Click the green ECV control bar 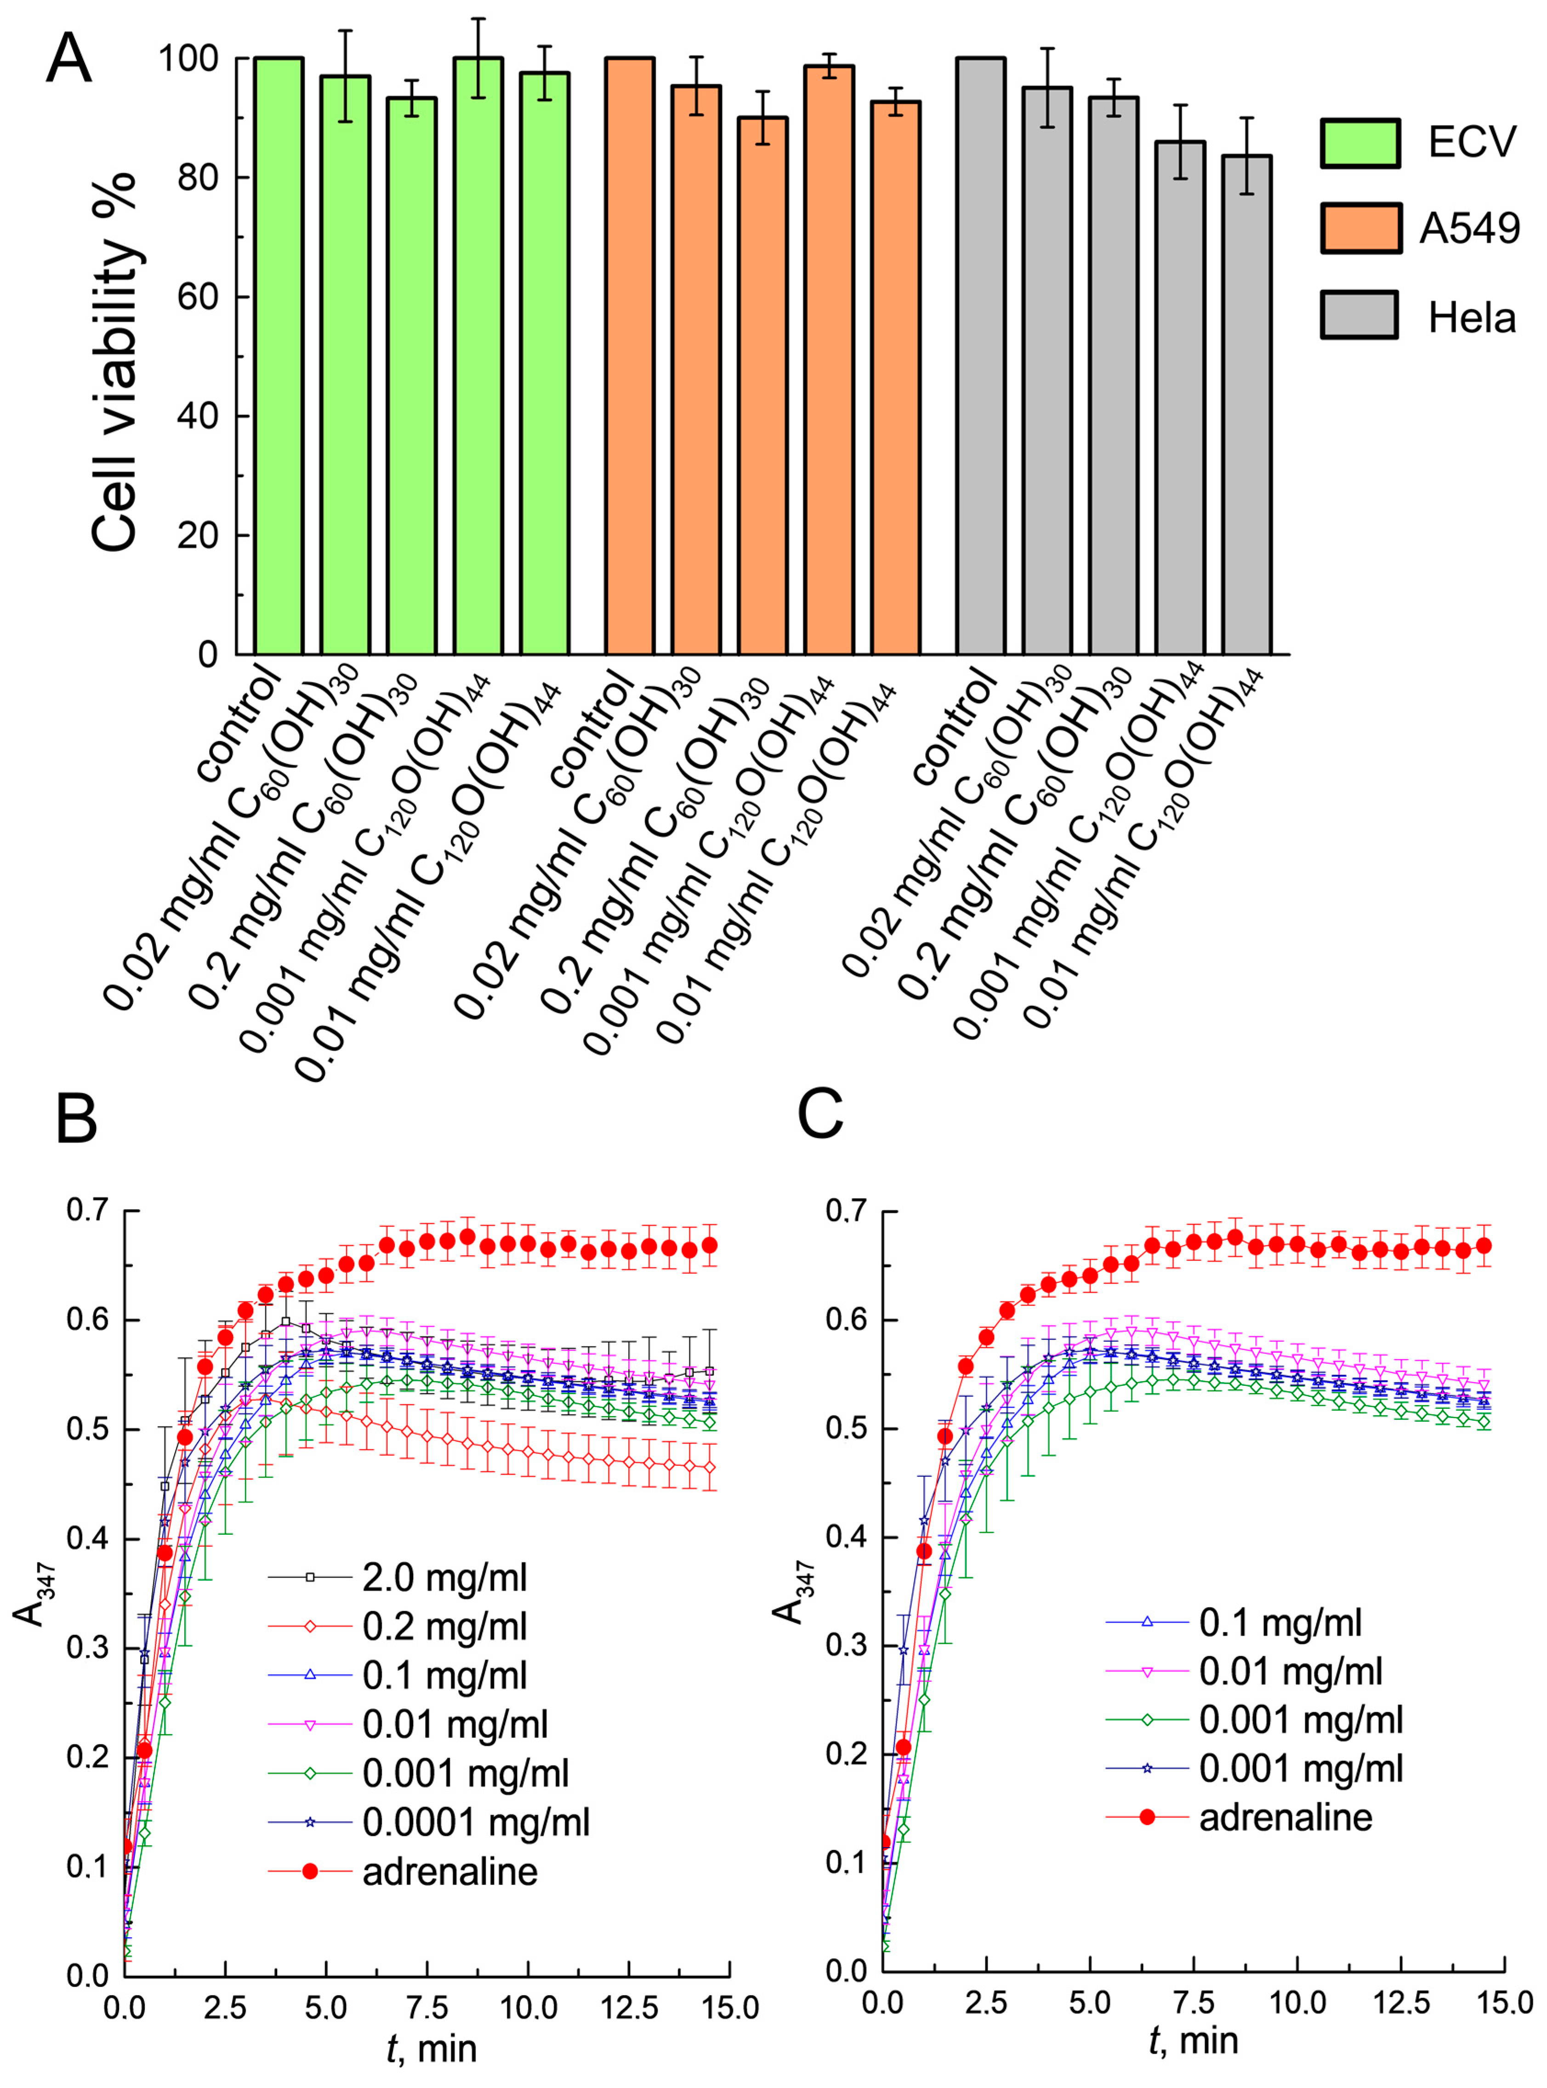[x=278, y=356]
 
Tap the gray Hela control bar [x=980, y=356]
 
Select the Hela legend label [x=1472, y=318]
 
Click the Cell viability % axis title [x=115, y=362]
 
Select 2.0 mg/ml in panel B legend [x=445, y=1577]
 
